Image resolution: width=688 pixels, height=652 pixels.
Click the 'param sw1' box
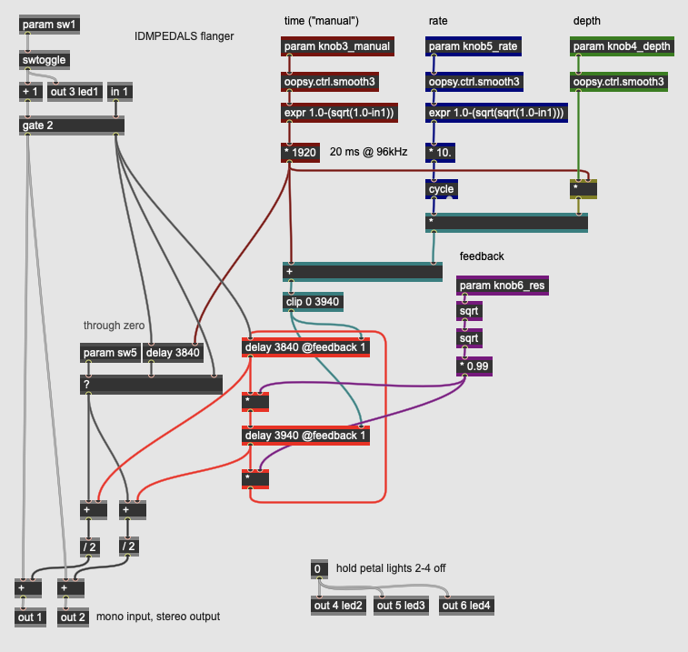tap(49, 25)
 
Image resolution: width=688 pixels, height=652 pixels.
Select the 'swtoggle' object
tap(44, 60)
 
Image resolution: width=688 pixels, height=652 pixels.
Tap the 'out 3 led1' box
tap(75, 91)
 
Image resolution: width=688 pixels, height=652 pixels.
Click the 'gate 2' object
tap(71, 125)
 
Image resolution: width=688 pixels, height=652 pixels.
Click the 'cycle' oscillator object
tap(442, 190)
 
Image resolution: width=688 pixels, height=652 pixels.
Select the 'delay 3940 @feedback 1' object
tap(306, 436)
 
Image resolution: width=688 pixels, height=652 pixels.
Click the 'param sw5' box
tap(110, 353)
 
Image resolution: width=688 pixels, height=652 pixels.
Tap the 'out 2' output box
tap(74, 617)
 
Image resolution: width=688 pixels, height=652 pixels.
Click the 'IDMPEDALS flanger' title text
tap(184, 36)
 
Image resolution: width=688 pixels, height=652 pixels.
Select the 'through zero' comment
tap(115, 326)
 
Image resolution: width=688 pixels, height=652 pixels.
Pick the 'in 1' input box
tap(119, 91)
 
